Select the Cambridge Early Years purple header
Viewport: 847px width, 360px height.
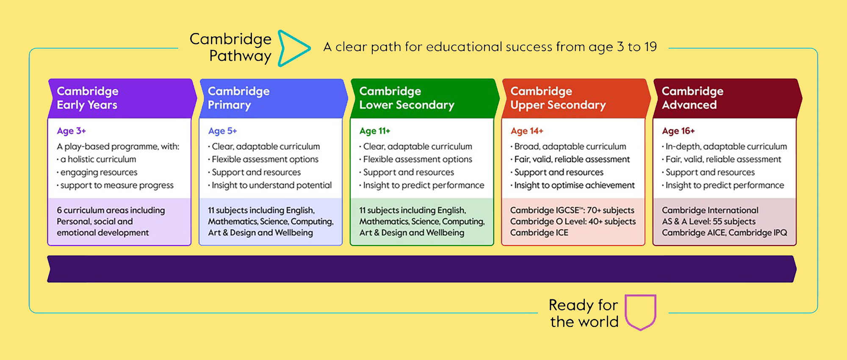tap(122, 98)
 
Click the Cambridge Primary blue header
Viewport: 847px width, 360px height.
tap(273, 98)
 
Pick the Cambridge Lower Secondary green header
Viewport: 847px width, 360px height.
tap(424, 98)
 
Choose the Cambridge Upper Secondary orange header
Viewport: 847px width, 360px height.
tap(576, 98)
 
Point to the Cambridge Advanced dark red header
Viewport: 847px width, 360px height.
tap(727, 98)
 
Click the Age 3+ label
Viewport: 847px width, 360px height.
tap(72, 131)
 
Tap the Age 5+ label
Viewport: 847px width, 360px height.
tap(222, 131)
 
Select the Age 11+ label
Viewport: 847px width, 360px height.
tap(375, 131)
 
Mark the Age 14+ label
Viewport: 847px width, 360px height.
tap(527, 131)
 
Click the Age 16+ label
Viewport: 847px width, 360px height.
tap(678, 131)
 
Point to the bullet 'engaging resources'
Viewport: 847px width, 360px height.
tap(97, 172)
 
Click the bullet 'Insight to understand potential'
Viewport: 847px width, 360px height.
tap(270, 185)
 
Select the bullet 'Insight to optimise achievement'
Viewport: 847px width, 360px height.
tap(573, 185)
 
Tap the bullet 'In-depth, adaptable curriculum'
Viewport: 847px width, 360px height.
tap(725, 147)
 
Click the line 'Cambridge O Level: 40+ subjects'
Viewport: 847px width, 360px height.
tap(573, 222)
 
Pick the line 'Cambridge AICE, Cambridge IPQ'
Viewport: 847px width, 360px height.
tap(725, 233)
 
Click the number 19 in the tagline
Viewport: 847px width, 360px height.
tap(650, 47)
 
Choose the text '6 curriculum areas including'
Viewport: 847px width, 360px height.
tap(111, 210)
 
